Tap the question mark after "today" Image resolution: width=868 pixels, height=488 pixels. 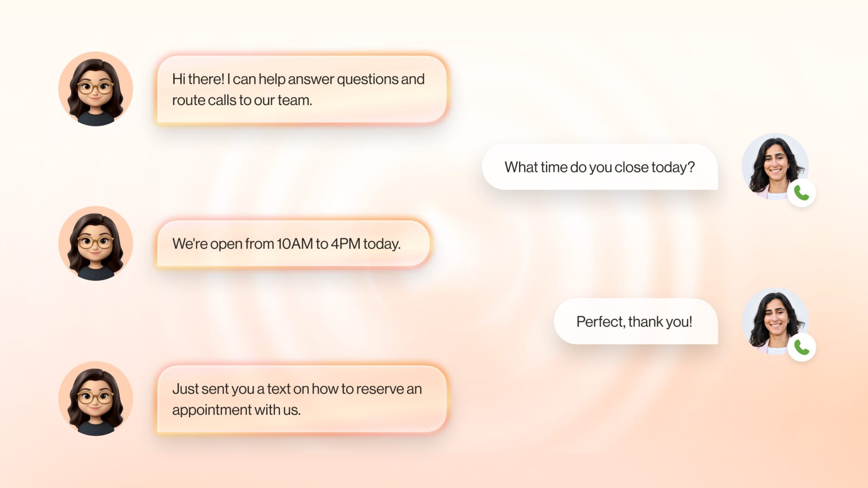click(691, 167)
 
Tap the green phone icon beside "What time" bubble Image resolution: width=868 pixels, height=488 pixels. click(801, 193)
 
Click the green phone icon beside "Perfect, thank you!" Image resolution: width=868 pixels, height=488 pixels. click(801, 347)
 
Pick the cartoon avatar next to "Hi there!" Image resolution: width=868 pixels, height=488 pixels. click(95, 89)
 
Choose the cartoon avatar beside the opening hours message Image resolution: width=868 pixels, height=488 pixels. click(95, 244)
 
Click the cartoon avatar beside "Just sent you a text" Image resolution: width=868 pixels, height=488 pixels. click(95, 398)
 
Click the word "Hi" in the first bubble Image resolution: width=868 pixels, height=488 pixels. click(178, 79)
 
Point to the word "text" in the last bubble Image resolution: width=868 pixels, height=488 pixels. click(278, 389)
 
